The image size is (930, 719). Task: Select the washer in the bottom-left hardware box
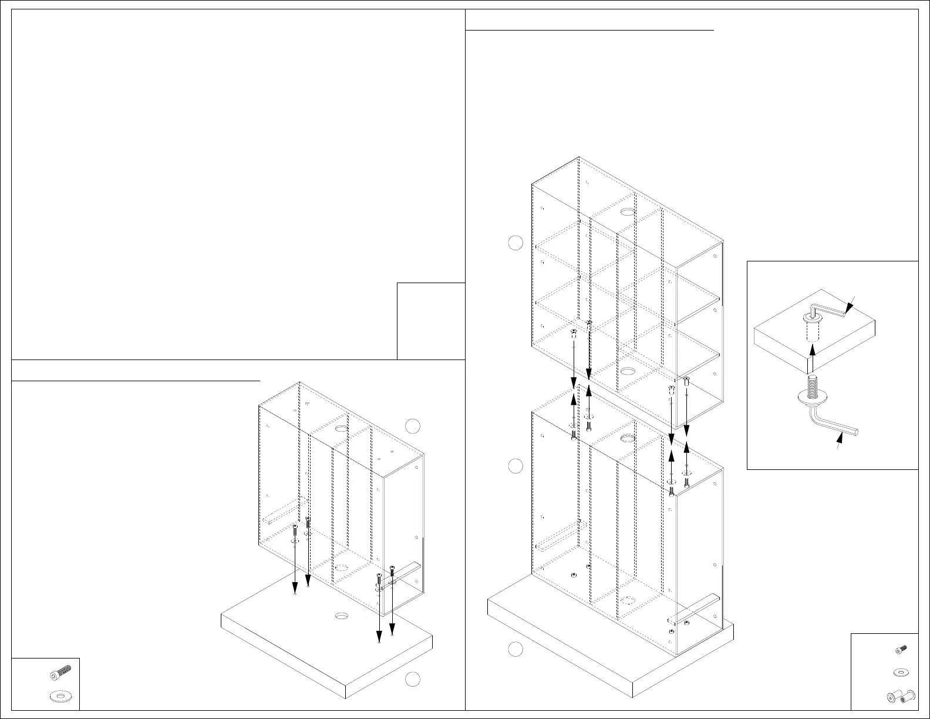(58, 696)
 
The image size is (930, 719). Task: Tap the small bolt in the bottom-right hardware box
(901, 649)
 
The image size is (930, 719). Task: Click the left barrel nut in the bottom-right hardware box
(894, 697)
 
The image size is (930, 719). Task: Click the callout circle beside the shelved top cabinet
(515, 243)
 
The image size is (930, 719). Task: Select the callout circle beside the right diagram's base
(515, 649)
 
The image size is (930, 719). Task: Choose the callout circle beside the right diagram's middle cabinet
(515, 466)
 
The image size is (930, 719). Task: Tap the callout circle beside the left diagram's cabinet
(413, 426)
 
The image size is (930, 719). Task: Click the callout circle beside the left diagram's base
(413, 679)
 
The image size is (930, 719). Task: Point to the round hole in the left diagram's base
(341, 616)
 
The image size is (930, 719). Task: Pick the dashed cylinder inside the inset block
(812, 332)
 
